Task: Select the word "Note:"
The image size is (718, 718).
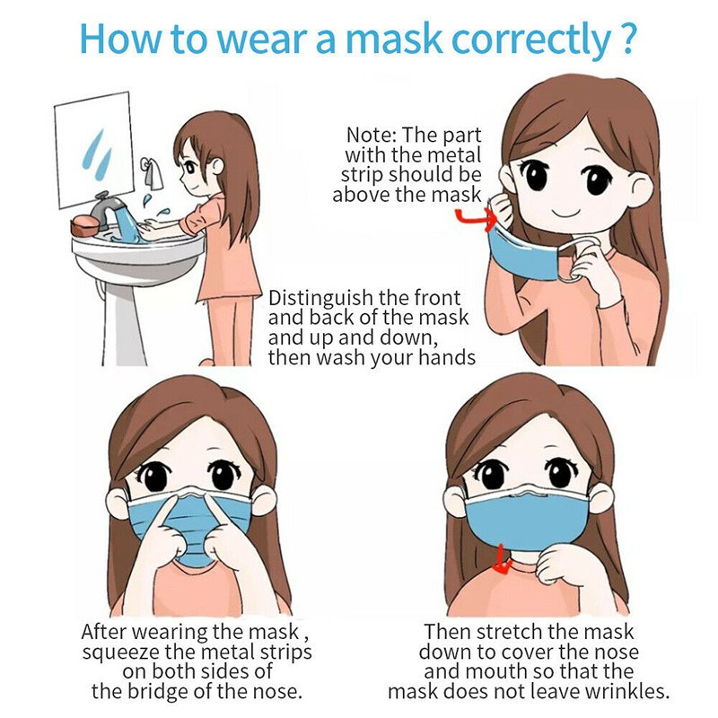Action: pos(372,136)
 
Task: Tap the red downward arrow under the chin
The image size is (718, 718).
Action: pos(503,564)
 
